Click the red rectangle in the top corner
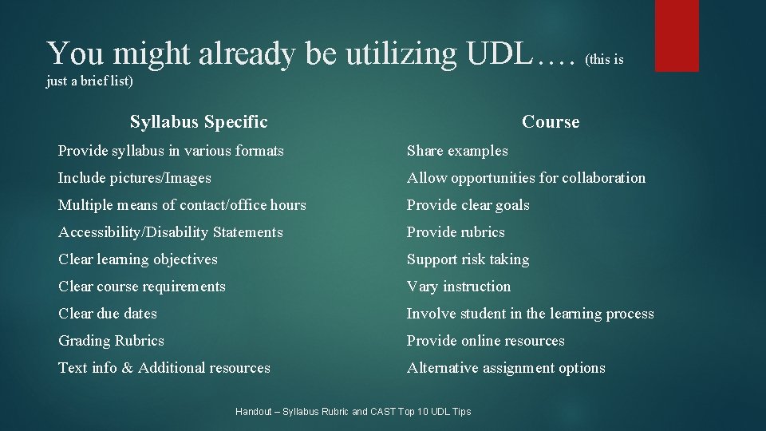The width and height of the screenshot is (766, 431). (x=677, y=35)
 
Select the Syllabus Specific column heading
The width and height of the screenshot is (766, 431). (x=199, y=122)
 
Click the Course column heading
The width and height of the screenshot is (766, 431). (x=551, y=122)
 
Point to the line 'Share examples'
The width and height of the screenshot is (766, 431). (x=457, y=151)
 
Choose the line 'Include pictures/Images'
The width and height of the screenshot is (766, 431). (x=135, y=178)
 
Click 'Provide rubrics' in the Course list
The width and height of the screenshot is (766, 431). (x=456, y=232)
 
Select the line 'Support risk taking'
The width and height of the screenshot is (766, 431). (x=468, y=259)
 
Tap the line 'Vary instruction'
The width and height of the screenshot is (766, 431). (x=459, y=287)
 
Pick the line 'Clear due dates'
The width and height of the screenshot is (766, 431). (x=108, y=314)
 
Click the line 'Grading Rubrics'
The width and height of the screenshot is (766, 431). (x=111, y=341)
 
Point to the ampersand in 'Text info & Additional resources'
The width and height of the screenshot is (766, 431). (x=127, y=368)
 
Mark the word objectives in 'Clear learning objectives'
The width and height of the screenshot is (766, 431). (x=185, y=259)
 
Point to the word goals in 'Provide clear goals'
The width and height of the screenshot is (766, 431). (x=511, y=205)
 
